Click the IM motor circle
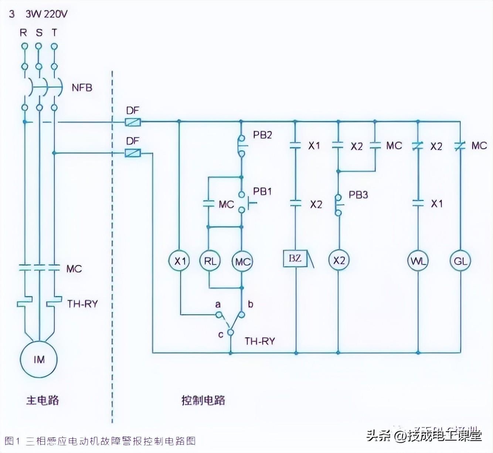39,360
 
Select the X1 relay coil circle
180,261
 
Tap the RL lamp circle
210,261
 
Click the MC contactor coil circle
242,262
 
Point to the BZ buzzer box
295,259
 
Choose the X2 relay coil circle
339,260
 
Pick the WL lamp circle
418,261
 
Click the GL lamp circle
460,261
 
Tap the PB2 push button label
262,135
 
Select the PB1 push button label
262,191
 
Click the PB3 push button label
358,195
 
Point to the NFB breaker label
82,88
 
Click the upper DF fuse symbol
132,122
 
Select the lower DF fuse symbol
132,152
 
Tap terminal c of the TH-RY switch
230,332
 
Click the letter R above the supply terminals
23,33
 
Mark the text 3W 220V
47,14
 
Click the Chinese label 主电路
42,400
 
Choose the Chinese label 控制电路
203,400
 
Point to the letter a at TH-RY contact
218,304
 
